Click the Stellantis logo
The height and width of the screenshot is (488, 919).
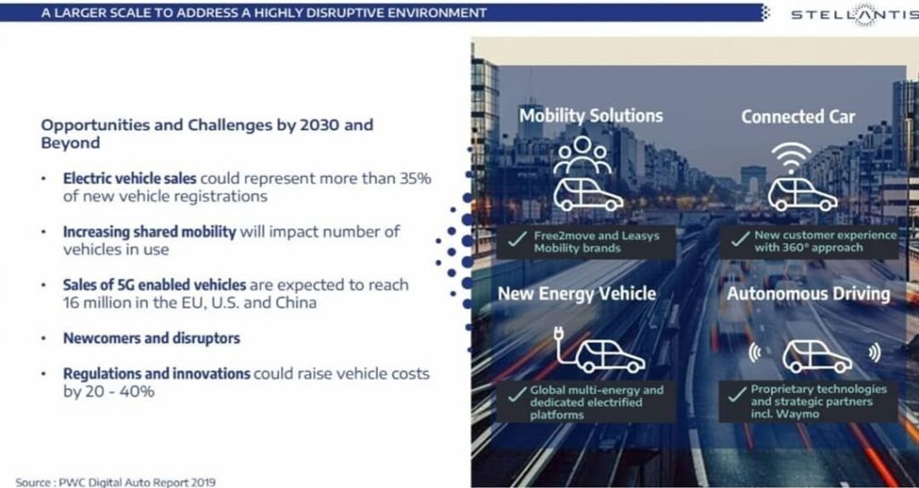coord(855,14)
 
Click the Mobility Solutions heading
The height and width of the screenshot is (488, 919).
coord(591,116)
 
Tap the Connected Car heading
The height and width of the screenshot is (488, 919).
coord(798,117)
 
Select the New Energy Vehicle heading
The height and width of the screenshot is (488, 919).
coord(577,293)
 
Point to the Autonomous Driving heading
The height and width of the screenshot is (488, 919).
coord(809,293)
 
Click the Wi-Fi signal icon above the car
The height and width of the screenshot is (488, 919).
coord(792,158)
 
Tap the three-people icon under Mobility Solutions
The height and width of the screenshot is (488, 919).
coord(582,154)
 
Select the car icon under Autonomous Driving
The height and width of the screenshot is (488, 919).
coord(817,357)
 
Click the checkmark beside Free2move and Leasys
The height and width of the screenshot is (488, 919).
coord(516,239)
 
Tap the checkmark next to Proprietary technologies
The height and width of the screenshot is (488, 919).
coord(736,395)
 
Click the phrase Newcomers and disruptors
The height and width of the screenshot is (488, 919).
coord(152,338)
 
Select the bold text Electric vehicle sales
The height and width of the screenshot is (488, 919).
coord(129,179)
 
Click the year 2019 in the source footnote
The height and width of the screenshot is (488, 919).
coord(203,483)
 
